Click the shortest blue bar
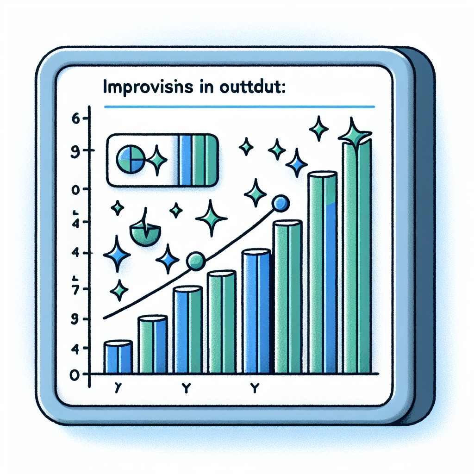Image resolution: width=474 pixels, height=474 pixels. (118, 357)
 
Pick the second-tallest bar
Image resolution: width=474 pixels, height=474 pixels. (322, 273)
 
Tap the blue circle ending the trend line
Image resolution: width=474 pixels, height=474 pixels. (281, 203)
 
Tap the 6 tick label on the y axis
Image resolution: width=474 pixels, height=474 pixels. (76, 118)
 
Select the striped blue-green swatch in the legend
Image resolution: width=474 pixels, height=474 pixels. (198, 160)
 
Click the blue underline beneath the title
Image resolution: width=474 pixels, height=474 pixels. (239, 107)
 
